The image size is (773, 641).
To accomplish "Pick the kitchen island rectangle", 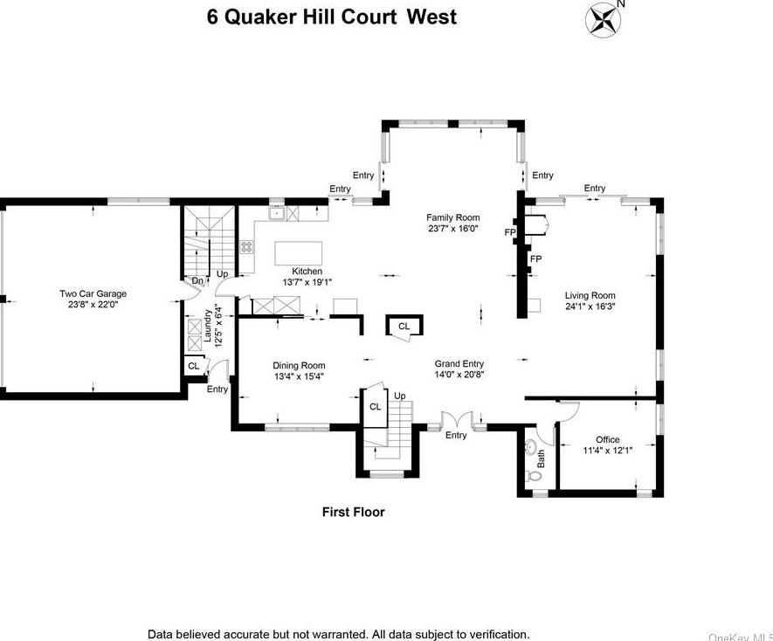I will (298, 252).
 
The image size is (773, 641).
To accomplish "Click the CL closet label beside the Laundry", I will (193, 366).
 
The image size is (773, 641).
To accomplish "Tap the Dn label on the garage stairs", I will (197, 280).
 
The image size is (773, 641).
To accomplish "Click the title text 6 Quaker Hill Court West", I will (332, 17).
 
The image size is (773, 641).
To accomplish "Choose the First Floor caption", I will (353, 512).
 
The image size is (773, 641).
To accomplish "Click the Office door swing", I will (569, 411).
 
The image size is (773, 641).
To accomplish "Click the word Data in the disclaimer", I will (162, 634).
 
